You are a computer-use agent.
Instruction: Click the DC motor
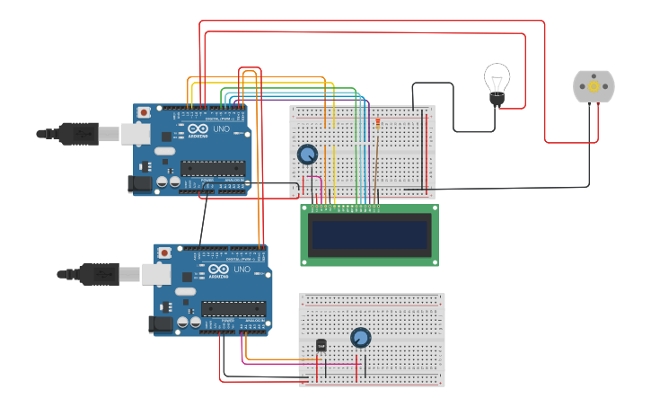[594, 87]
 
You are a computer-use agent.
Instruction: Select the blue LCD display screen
[369, 234]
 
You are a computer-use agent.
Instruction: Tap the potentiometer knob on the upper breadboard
[307, 155]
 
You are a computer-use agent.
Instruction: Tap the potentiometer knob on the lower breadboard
[359, 338]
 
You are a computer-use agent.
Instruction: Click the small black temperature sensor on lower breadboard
[321, 344]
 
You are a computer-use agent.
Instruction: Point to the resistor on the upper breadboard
[378, 123]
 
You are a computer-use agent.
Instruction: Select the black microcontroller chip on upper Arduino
[213, 167]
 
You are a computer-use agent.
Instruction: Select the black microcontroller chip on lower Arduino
[233, 308]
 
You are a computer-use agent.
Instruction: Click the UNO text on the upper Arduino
[221, 129]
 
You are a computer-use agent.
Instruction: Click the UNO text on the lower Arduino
[242, 270]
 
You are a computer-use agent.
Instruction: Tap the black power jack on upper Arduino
[139, 183]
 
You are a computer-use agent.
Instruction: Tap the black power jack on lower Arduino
[161, 323]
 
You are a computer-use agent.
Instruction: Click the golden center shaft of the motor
[594, 87]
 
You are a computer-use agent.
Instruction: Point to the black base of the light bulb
[496, 100]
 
